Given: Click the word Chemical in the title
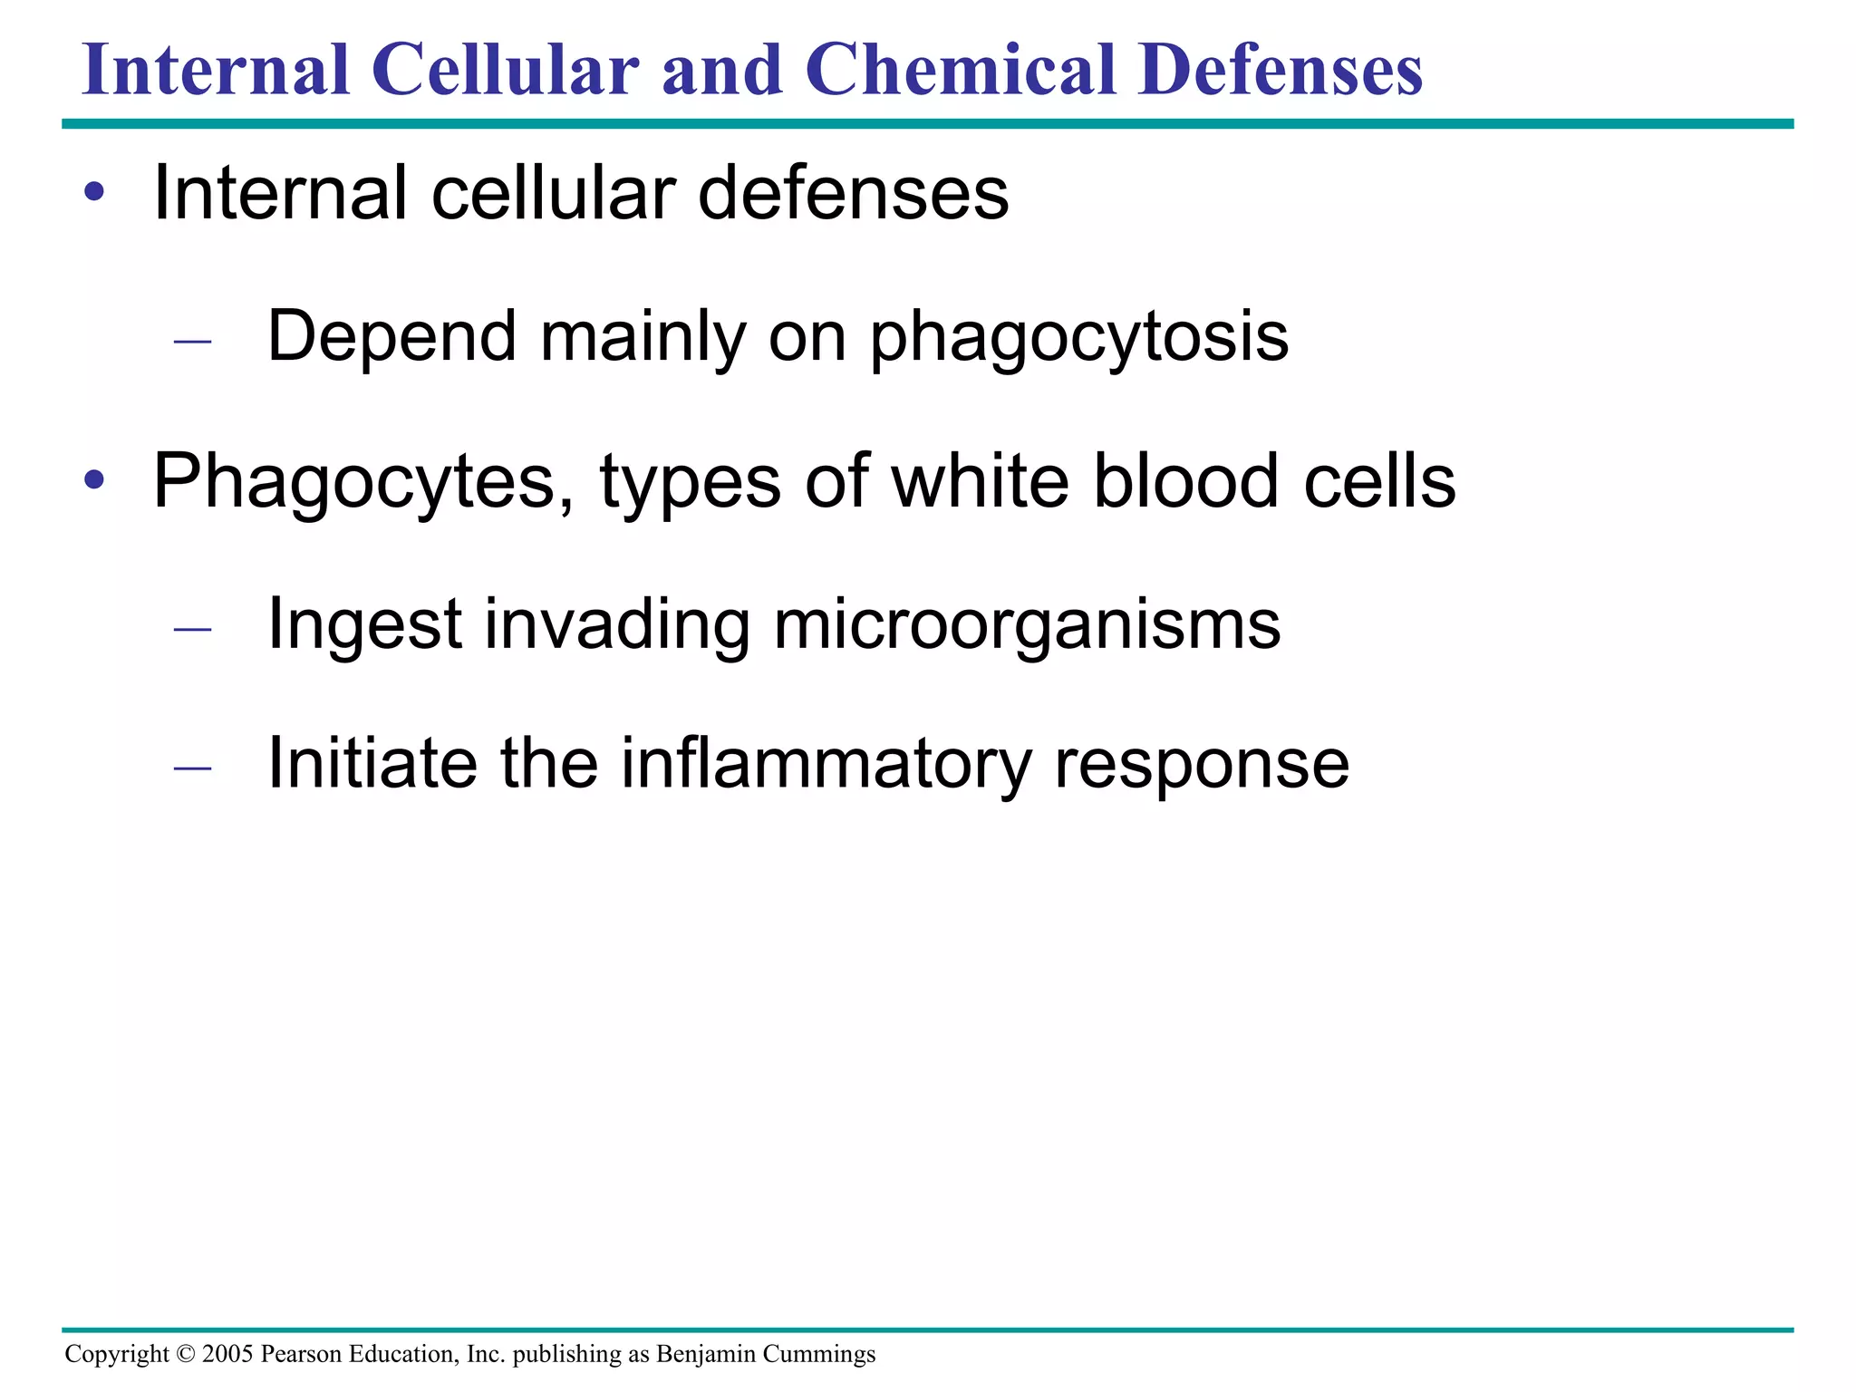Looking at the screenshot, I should pos(960,70).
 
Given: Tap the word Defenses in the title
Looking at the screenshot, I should pos(1281,70).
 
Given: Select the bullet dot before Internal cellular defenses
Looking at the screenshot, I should pos(94,193).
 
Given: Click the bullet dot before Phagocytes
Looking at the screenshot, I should pos(94,480).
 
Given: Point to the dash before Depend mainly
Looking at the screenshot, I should pos(192,342).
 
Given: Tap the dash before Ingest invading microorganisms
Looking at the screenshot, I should pos(192,628).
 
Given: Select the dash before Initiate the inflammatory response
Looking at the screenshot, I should pos(192,768).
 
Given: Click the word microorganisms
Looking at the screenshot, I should pos(1027,625).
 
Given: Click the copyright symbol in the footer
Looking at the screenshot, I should pos(186,1354).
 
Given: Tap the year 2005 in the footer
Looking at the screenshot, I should pos(227,1354).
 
